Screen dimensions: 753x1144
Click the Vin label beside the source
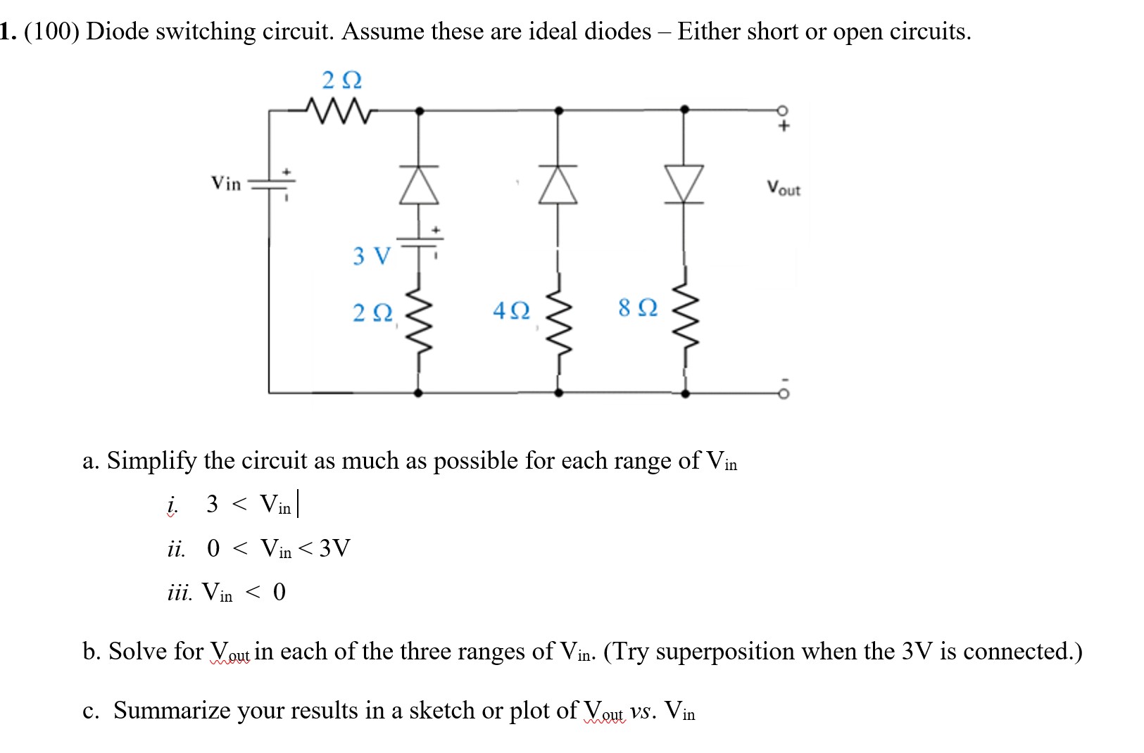226,184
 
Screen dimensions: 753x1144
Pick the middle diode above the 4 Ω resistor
558,185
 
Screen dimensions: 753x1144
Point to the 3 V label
370,255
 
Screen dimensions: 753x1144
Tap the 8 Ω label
638,308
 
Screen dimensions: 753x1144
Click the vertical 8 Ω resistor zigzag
685,317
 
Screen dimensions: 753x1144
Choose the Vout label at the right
784,189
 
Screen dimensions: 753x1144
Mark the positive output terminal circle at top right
783,110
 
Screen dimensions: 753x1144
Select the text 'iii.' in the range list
179,593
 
